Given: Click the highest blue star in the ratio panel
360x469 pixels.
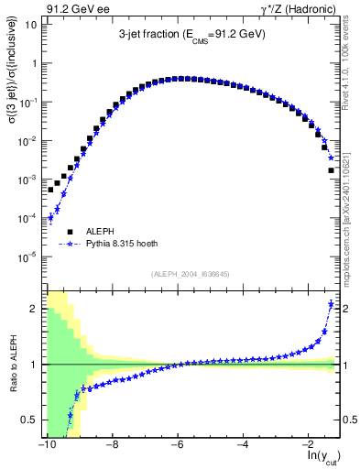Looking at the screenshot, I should [331, 303].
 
